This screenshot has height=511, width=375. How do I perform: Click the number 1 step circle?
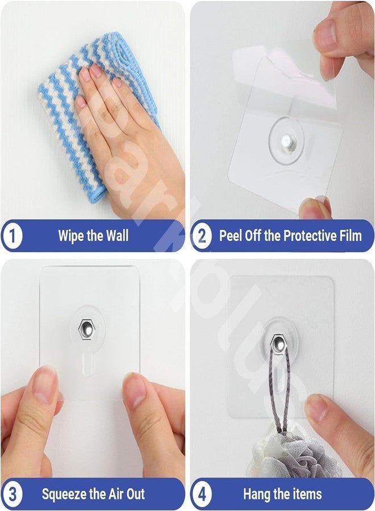click(11, 236)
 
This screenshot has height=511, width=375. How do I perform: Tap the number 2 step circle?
click(201, 236)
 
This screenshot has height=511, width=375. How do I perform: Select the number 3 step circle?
click(11, 493)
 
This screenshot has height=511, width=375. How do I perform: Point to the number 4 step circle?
click(201, 493)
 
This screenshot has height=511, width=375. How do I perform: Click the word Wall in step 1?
click(117, 236)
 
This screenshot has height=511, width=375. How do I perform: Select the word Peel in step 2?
click(232, 236)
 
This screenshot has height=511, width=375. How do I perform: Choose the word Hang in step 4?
click(257, 493)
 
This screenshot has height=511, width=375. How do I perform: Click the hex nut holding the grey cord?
click(278, 342)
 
